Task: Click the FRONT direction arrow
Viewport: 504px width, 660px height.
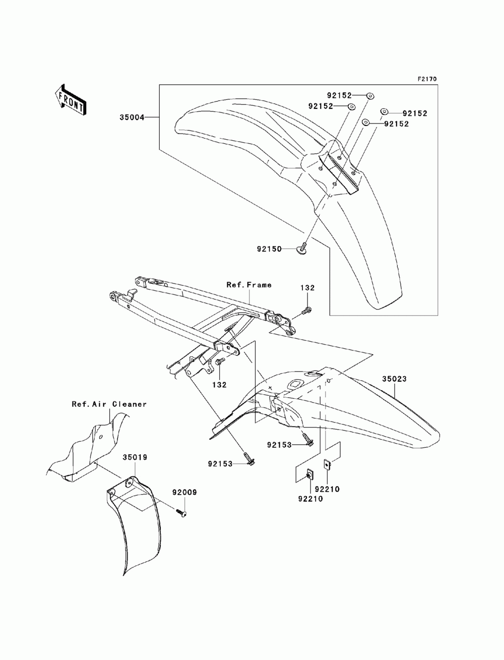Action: [x=71, y=100]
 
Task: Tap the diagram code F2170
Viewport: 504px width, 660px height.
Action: [x=427, y=79]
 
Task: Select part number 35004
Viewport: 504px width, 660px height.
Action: [x=132, y=117]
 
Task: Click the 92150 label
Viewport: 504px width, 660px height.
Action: [x=269, y=249]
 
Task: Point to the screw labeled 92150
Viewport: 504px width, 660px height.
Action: [x=302, y=249]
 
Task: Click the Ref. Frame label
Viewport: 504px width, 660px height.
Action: [x=249, y=285]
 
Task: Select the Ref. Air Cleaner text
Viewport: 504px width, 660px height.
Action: [x=109, y=404]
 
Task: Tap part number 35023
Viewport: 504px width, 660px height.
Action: [x=394, y=379]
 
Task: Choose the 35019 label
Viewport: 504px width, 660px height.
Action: [x=135, y=457]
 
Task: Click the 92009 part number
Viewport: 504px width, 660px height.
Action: [x=184, y=493]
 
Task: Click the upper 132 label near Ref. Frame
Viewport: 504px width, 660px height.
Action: [x=307, y=288]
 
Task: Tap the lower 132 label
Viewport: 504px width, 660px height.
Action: [x=219, y=385]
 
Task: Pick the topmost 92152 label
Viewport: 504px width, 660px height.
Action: [x=339, y=95]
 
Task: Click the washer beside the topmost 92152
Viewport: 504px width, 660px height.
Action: [x=369, y=96]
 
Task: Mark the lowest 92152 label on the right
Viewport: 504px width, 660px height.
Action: [x=397, y=124]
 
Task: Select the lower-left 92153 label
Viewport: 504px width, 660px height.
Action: [x=220, y=464]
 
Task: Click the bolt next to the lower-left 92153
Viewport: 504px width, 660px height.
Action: [x=249, y=459]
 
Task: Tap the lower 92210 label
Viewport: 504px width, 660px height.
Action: [x=310, y=499]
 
